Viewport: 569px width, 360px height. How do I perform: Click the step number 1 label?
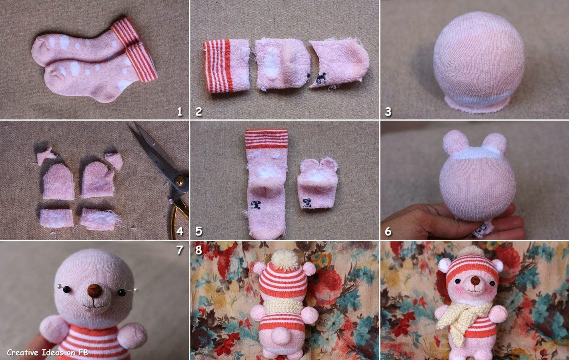tap(180, 112)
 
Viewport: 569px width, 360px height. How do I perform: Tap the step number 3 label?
tap(388, 112)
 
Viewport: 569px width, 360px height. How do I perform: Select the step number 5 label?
tap(198, 231)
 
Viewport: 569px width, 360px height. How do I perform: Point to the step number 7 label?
tap(180, 250)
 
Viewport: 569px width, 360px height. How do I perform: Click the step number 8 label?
tap(198, 250)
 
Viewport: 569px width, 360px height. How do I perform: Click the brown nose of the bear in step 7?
tap(94, 291)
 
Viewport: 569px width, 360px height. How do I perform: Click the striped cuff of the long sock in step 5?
tap(266, 139)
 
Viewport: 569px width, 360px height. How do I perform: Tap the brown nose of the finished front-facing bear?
tap(475, 281)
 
